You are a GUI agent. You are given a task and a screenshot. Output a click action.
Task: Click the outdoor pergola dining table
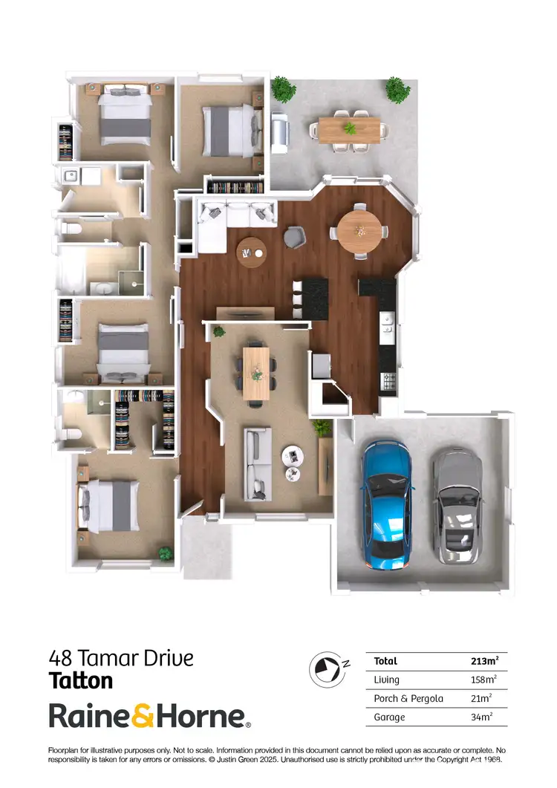coord(349,128)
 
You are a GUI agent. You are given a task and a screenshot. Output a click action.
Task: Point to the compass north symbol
coord(324,667)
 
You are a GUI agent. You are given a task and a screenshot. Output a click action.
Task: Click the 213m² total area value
coord(484,660)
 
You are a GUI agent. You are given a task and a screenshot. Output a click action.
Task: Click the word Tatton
coord(81,680)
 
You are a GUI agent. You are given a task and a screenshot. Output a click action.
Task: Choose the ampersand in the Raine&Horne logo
coord(144,717)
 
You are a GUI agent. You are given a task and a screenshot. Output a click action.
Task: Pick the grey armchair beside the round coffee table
coord(294,236)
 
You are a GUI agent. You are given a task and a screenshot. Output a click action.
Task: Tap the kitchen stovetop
coord(388,381)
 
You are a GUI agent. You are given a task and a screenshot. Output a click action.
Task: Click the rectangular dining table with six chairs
coord(257,371)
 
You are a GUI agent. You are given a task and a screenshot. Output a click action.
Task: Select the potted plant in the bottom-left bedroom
coord(165,553)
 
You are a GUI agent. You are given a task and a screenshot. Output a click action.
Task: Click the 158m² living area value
coord(484,680)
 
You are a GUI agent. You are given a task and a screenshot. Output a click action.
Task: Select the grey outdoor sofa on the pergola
coord(280,132)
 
